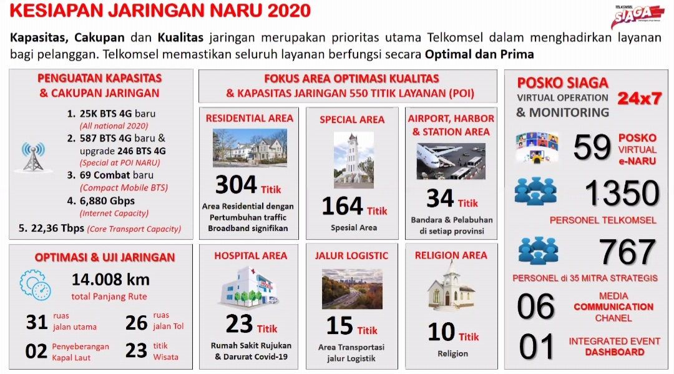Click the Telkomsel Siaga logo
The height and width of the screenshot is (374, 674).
point(637,17)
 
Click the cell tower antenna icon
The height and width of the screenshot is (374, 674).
point(34,157)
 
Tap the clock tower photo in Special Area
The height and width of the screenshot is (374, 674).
point(354,160)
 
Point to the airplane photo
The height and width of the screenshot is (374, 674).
point(451,161)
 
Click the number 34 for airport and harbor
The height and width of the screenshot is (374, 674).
point(440,198)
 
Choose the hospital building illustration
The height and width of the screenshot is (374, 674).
point(249,287)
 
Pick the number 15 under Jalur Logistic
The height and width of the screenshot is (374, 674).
point(339,325)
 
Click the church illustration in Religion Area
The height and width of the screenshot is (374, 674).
point(451,285)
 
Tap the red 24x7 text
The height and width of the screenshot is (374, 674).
point(639,99)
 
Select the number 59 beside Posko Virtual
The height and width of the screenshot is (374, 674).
point(592,147)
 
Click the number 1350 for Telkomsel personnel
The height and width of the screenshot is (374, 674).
point(622,192)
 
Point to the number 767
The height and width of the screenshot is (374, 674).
point(627,252)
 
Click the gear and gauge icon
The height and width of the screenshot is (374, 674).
point(35,285)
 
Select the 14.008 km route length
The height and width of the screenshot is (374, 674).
point(110,280)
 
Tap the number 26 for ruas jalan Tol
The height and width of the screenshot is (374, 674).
point(136,323)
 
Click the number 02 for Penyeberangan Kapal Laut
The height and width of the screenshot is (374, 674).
point(36,352)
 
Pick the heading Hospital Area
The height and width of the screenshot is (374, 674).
point(251,256)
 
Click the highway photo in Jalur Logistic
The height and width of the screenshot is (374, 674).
point(352,289)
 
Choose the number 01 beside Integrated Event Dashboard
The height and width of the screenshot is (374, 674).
point(536,347)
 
